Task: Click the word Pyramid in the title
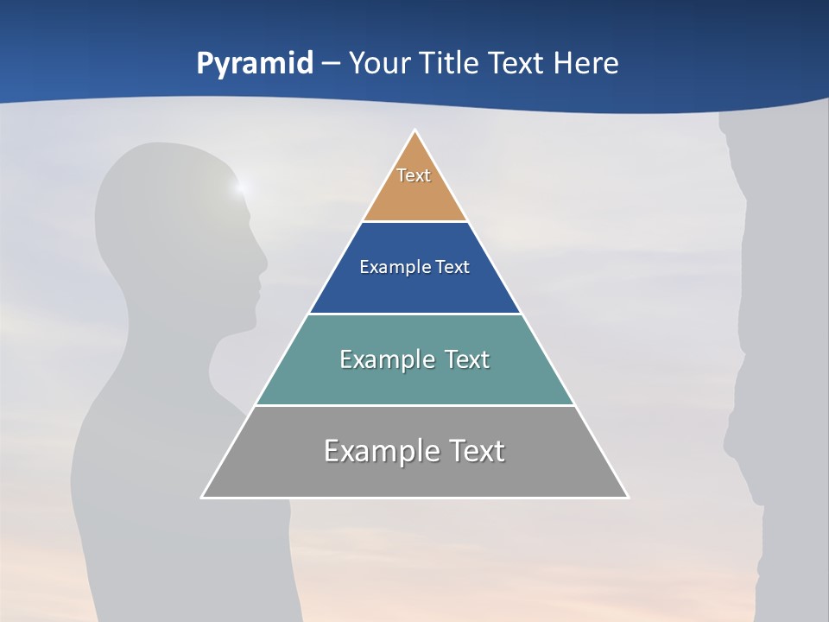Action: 255,64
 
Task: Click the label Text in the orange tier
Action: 414,175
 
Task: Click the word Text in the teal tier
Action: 460,359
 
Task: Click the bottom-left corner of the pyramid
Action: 202,497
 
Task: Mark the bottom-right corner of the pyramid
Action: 628,497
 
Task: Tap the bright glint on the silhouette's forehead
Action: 241,185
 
